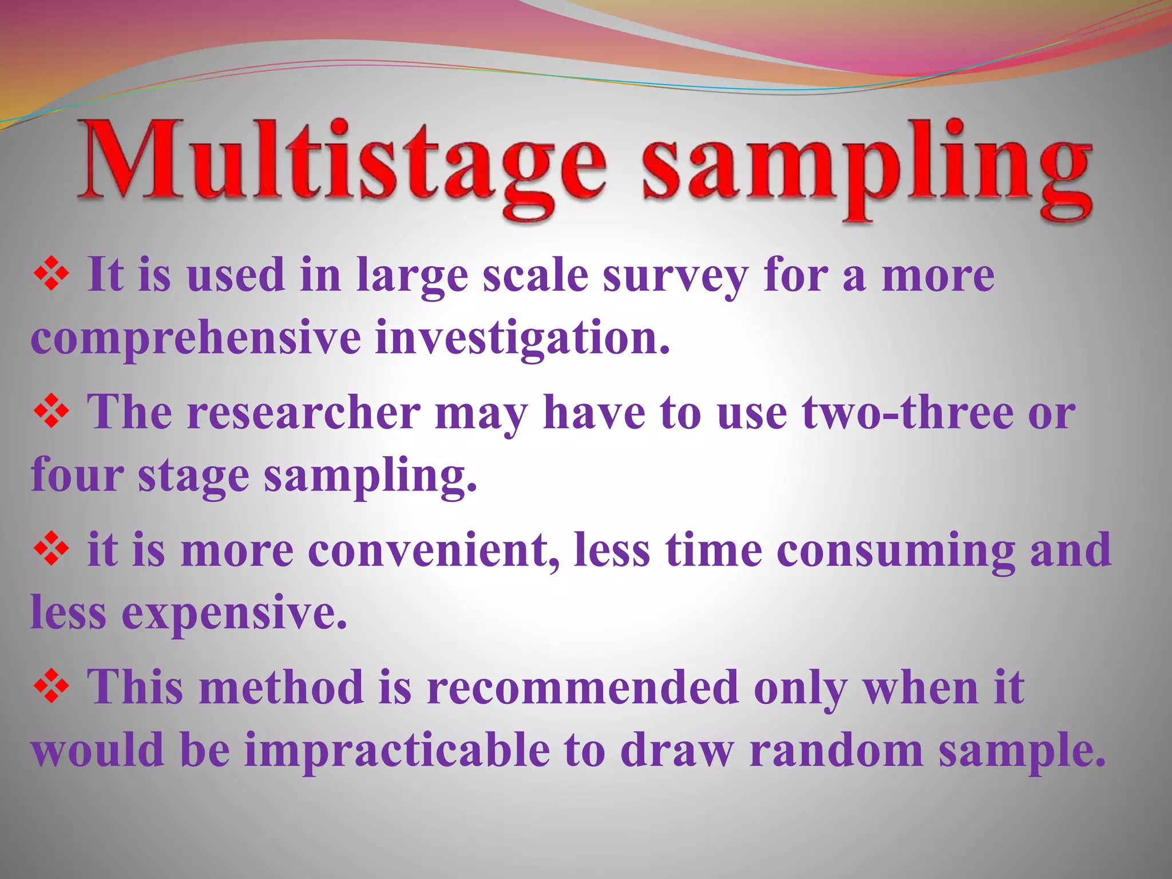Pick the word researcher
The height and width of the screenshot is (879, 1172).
[303, 412]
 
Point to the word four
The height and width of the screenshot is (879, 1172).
[77, 475]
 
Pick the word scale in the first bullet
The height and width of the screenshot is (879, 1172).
[535, 276]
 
